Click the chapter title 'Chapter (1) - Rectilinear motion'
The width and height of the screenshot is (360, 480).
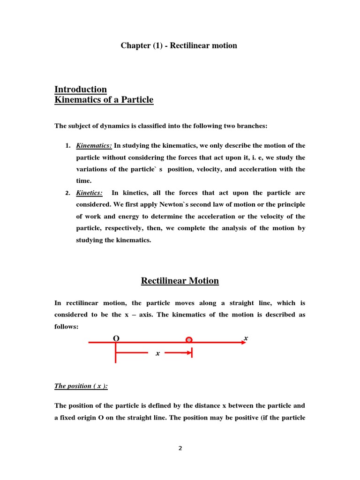point(179,45)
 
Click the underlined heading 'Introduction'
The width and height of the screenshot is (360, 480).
point(81,90)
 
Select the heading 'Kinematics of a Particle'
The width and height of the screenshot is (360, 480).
point(104,100)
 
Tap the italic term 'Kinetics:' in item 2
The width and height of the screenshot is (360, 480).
point(90,193)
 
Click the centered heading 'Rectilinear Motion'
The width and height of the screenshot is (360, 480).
point(180,281)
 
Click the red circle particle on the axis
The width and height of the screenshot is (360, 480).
point(189,340)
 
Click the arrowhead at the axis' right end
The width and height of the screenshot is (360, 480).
point(242,343)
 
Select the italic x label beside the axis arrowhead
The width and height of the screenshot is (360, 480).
point(246,337)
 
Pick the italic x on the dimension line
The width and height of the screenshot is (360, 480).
point(158,353)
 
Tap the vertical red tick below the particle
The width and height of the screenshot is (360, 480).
point(192,352)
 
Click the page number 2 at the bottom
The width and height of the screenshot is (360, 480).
point(180,449)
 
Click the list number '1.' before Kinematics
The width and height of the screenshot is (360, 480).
point(68,146)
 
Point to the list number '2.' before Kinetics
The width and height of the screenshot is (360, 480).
point(68,193)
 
